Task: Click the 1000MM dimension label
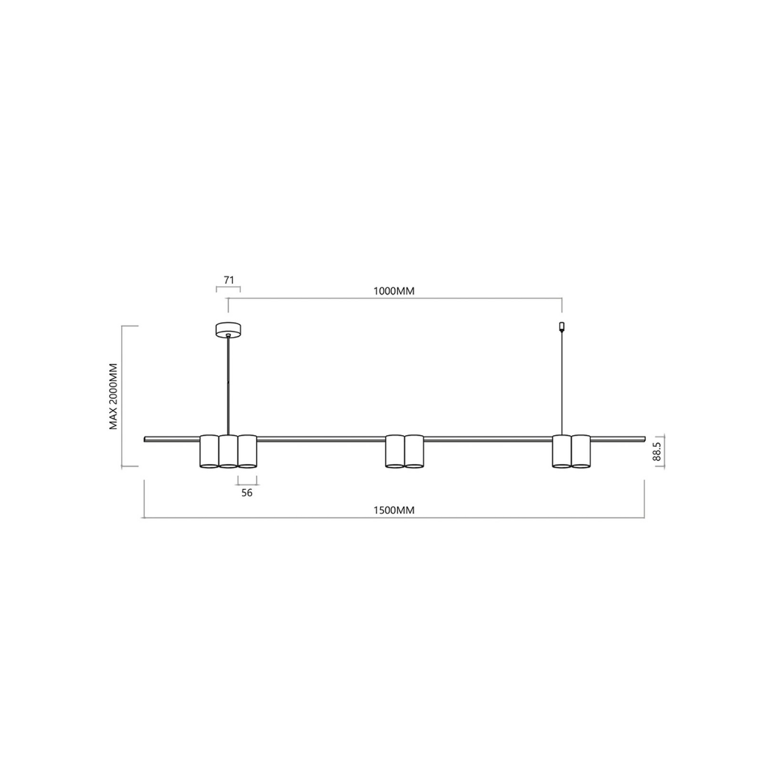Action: tap(394, 291)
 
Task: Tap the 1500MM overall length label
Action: tap(394, 510)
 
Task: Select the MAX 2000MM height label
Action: tap(113, 396)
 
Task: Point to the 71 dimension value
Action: tap(229, 279)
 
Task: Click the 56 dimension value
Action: tap(247, 493)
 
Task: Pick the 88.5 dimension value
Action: tap(657, 451)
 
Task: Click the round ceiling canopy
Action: tap(228, 330)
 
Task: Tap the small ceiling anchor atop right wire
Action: tap(561, 326)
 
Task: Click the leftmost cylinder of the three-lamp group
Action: tap(209, 451)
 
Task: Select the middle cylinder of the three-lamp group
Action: tap(228, 451)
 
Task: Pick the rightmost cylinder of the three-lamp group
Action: tap(247, 451)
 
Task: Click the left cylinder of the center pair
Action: tap(395, 451)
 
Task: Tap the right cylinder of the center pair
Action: tap(414, 451)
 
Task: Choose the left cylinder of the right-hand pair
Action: tap(562, 451)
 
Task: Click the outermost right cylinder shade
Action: tap(581, 451)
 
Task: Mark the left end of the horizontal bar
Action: tap(146, 439)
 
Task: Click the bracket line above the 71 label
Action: tap(228, 288)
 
